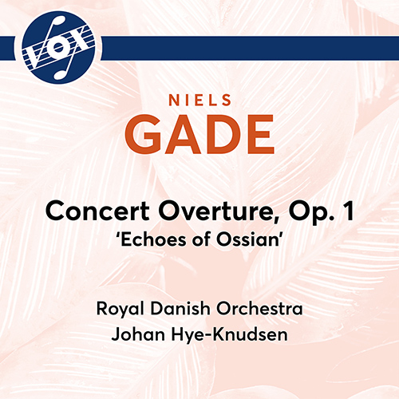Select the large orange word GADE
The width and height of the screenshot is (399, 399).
[199, 136]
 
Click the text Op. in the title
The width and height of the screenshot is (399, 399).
[279, 213]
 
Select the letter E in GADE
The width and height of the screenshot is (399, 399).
[257, 136]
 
